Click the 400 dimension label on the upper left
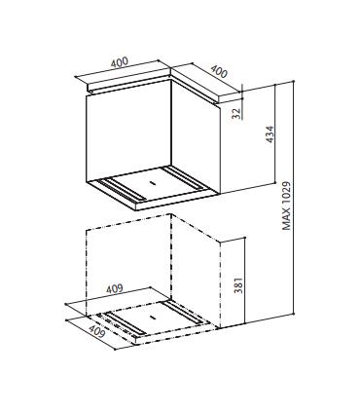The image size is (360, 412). (120, 62)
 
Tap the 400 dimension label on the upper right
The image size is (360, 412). (219, 71)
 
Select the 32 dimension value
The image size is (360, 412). (237, 113)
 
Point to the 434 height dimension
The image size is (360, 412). (270, 134)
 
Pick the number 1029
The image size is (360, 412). (286, 193)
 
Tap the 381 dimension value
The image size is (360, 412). (238, 285)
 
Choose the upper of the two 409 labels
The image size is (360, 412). (114, 288)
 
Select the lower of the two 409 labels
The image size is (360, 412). (96, 331)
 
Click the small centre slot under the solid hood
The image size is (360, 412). (152, 183)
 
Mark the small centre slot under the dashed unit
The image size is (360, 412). (152, 318)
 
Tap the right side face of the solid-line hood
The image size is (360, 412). (196, 135)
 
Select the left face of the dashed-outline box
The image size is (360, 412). (128, 265)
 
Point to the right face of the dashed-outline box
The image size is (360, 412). (196, 271)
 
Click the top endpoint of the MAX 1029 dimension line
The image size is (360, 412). (294, 81)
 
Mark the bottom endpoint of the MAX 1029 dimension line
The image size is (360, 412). (294, 314)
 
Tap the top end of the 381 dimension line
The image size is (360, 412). (245, 237)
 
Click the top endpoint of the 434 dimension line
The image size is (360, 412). (275, 85)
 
